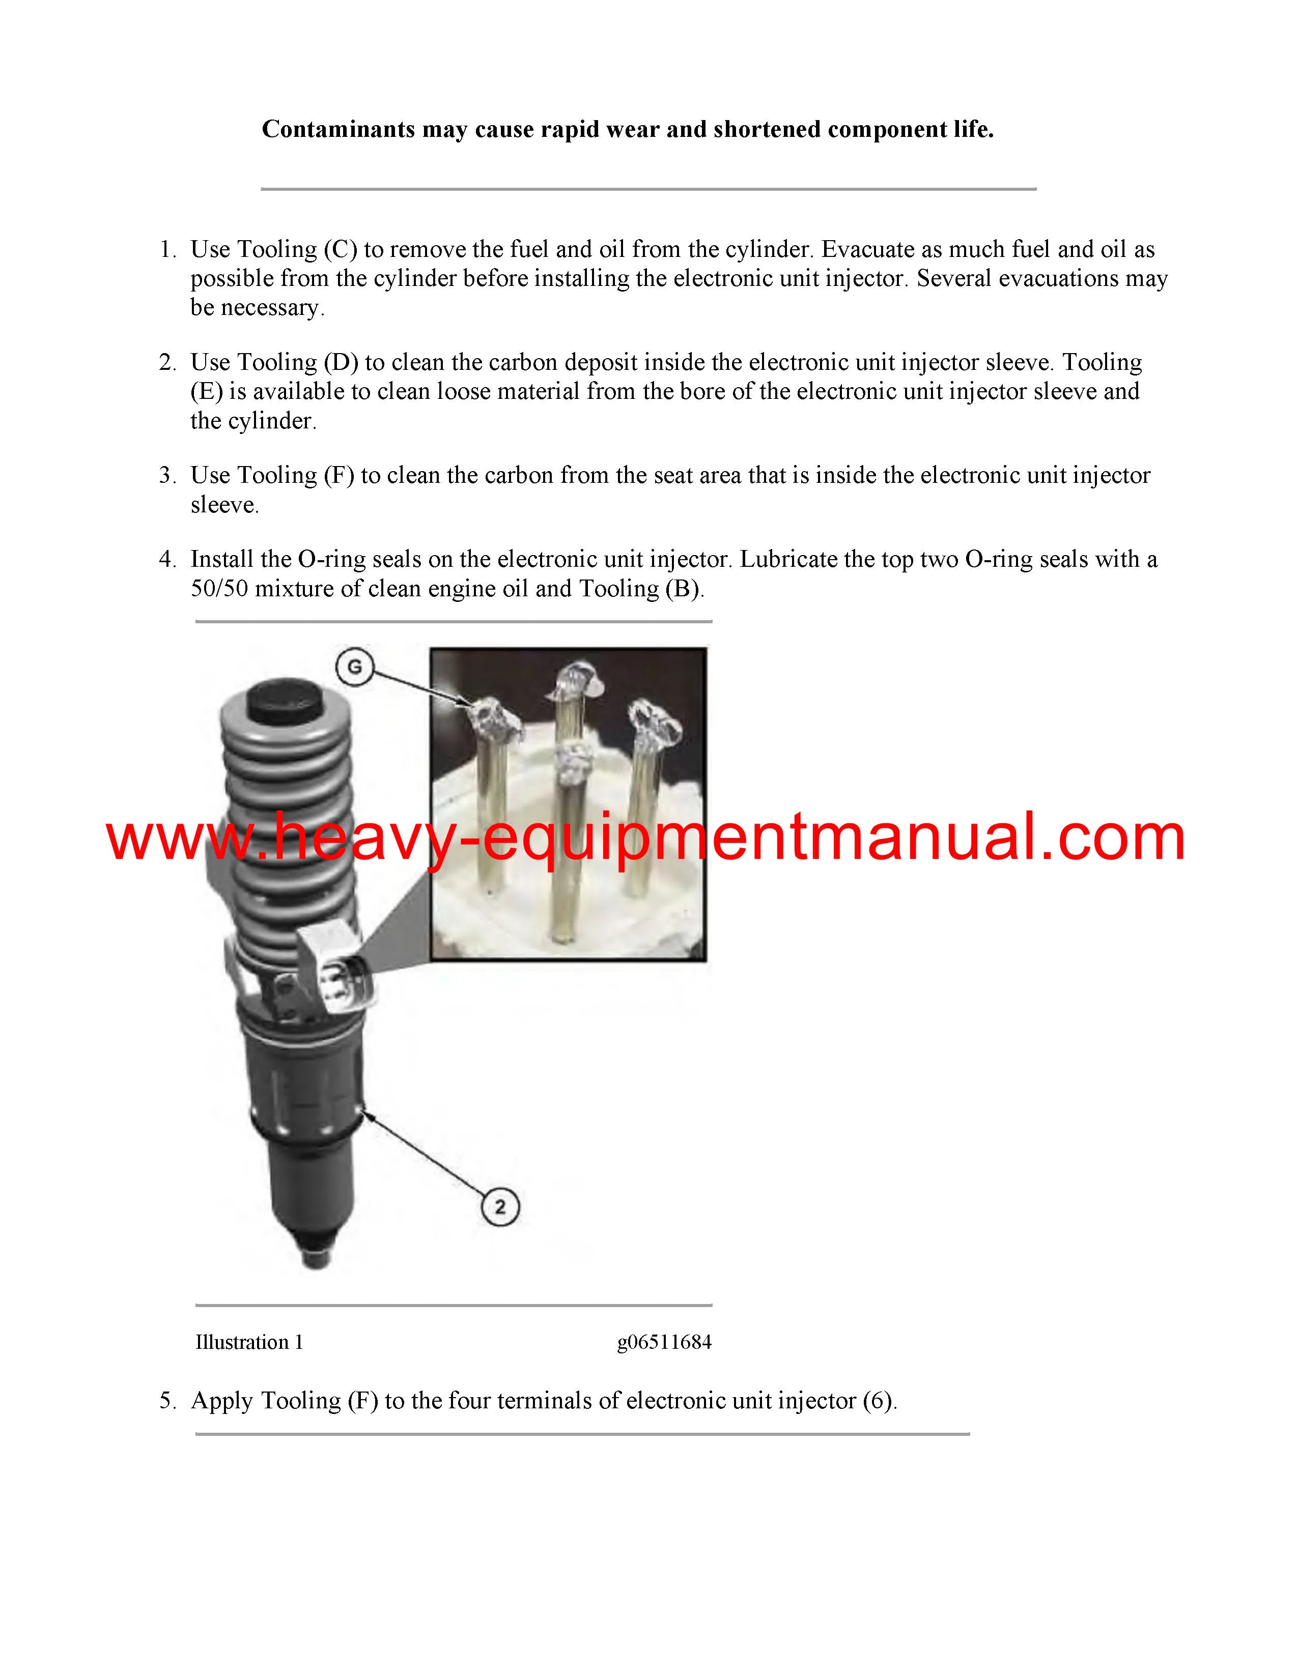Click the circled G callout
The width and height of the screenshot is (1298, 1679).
(354, 667)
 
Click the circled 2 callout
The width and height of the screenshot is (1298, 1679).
(500, 1206)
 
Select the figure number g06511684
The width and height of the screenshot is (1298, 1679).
(664, 1342)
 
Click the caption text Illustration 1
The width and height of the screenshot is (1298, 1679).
(249, 1342)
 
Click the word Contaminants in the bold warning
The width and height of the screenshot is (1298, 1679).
(338, 129)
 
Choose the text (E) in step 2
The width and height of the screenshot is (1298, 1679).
(206, 391)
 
